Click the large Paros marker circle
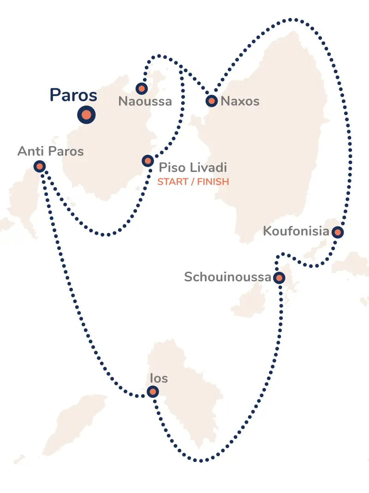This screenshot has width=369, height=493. (86, 115)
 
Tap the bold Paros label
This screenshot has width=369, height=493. (73, 95)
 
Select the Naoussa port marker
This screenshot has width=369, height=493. (142, 88)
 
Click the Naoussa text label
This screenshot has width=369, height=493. (145, 101)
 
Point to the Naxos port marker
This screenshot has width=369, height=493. (211, 101)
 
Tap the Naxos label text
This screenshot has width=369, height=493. (240, 101)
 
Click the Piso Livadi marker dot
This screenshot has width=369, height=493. (148, 161)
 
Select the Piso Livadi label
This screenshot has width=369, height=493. (193, 167)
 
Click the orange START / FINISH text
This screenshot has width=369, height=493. (193, 182)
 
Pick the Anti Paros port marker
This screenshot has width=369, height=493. (40, 166)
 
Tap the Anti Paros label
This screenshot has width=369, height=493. (51, 151)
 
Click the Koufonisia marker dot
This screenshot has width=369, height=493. (338, 232)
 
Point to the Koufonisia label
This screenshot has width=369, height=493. (296, 231)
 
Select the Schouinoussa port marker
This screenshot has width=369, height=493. (279, 278)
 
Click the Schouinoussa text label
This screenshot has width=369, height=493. (227, 277)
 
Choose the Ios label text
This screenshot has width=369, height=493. (159, 378)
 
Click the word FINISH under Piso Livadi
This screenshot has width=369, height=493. (213, 182)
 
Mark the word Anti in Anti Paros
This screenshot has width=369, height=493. (30, 151)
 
